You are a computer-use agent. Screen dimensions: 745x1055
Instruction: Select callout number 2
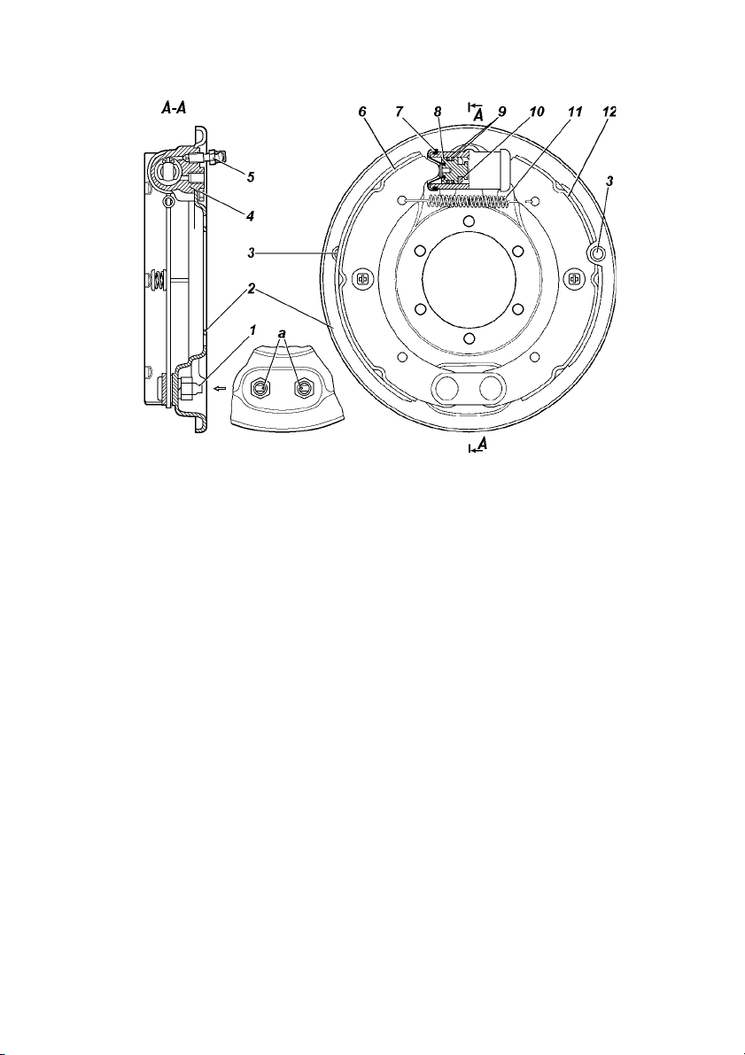pos(251,290)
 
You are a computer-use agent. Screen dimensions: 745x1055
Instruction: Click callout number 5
pos(251,177)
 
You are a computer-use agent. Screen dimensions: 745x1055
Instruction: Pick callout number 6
pos(362,112)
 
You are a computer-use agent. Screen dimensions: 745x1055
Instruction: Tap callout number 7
pos(400,112)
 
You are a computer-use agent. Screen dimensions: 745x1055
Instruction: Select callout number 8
pos(438,112)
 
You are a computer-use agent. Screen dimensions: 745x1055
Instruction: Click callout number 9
pos(501,112)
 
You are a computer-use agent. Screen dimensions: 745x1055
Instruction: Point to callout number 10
pos(536,112)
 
